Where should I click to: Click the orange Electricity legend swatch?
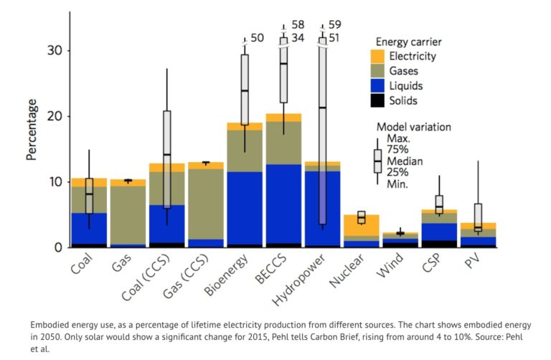pyautogui.click(x=378, y=56)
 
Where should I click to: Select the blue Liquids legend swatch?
pyautogui.click(x=378, y=86)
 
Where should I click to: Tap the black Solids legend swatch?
pyautogui.click(x=378, y=101)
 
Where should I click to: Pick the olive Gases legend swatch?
pyautogui.click(x=378, y=71)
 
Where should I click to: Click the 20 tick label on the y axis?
pyautogui.click(x=53, y=116)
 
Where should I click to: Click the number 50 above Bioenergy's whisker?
pyautogui.click(x=257, y=37)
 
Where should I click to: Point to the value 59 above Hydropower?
pyautogui.click(x=334, y=25)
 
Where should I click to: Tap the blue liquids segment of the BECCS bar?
pyautogui.click(x=283, y=204)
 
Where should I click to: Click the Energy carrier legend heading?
pyautogui.click(x=408, y=42)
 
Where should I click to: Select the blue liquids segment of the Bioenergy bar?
pyautogui.click(x=244, y=208)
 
